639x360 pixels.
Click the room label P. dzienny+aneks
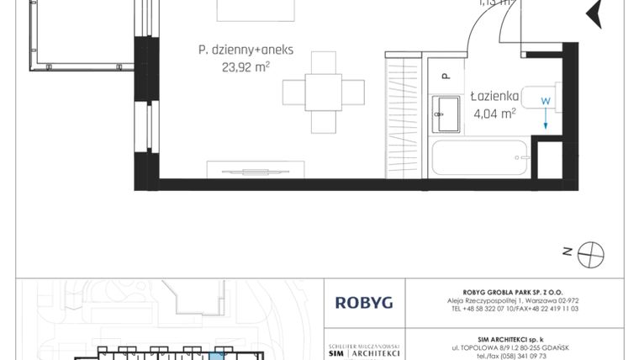246,50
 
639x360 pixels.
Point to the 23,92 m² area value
246,67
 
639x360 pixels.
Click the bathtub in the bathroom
479,157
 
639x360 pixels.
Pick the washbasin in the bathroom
446,112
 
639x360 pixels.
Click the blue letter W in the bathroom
546,101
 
